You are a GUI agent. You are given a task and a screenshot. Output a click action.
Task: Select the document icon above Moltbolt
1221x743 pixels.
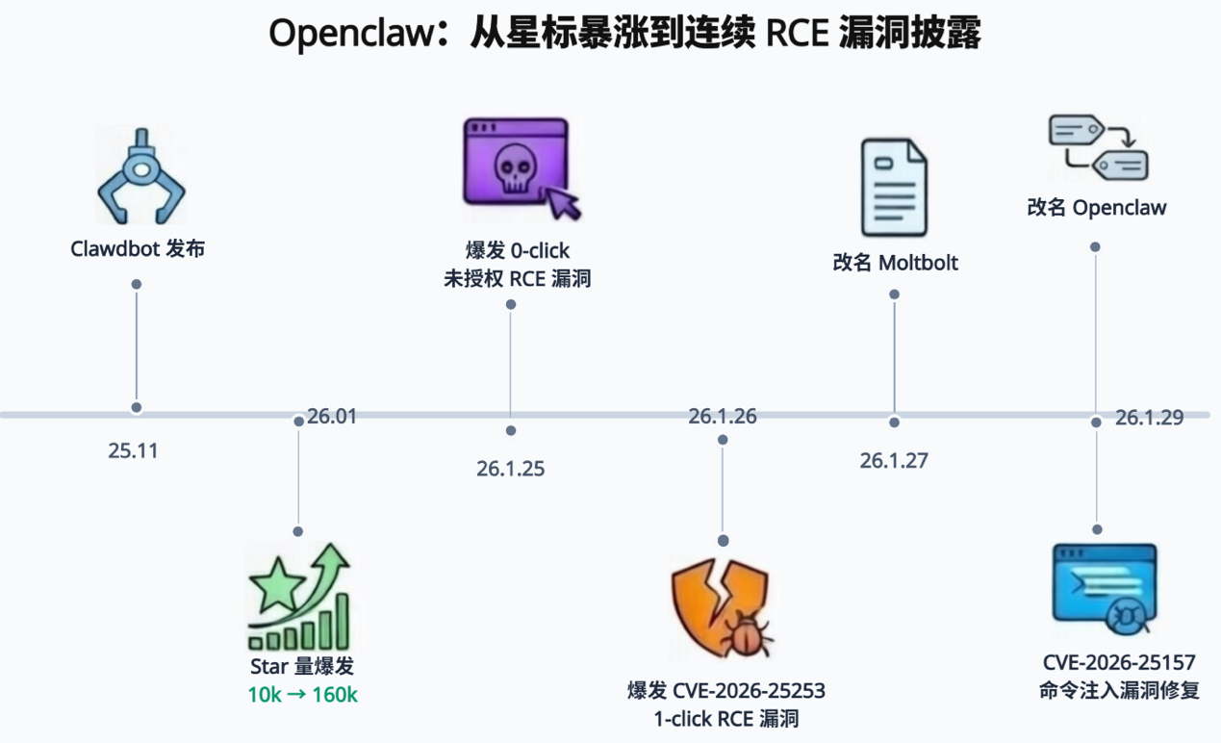894,188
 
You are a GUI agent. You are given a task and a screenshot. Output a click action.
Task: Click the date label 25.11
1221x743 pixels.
133,450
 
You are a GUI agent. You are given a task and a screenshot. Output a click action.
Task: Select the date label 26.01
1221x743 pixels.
332,417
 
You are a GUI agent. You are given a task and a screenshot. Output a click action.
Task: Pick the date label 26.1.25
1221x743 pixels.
510,469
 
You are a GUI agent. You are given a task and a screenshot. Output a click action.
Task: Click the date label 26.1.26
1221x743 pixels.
723,417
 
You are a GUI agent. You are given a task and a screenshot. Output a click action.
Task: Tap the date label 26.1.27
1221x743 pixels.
894,460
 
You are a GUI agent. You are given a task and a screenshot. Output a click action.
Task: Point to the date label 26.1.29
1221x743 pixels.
1149,417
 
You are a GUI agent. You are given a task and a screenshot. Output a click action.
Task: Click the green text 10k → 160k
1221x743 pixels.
302,694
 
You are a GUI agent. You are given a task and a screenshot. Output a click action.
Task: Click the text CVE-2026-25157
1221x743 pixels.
1119,663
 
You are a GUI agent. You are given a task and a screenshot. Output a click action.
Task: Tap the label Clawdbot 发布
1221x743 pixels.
138,249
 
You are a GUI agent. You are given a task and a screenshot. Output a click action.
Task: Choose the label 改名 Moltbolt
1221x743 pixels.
895,263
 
